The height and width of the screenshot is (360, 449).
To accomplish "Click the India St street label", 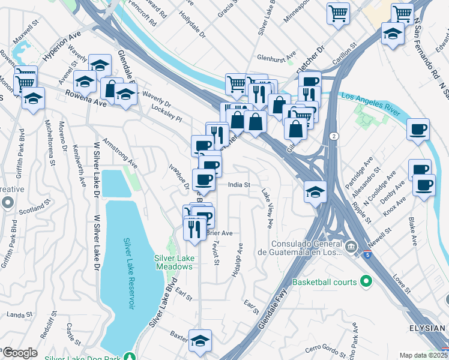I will (238, 185).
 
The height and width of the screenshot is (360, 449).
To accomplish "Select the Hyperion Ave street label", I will (62, 46).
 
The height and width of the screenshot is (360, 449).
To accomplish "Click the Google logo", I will (20, 352).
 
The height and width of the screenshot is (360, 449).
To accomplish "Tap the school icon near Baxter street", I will (200, 340).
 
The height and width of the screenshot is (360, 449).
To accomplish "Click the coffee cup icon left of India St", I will (203, 179).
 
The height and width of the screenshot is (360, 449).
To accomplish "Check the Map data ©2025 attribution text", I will (423, 355).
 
